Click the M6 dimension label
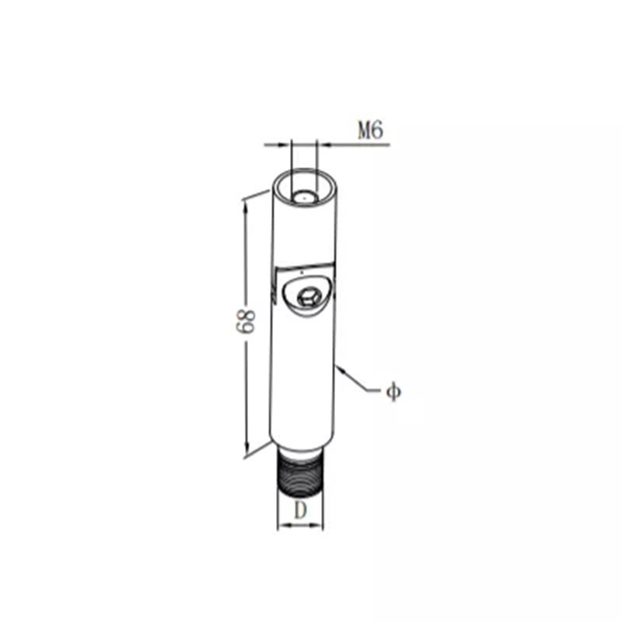(x=371, y=131)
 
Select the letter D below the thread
(x=301, y=510)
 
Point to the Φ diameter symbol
(x=393, y=392)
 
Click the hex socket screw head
(x=308, y=298)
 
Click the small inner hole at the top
(x=304, y=197)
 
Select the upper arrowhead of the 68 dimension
(x=244, y=204)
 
